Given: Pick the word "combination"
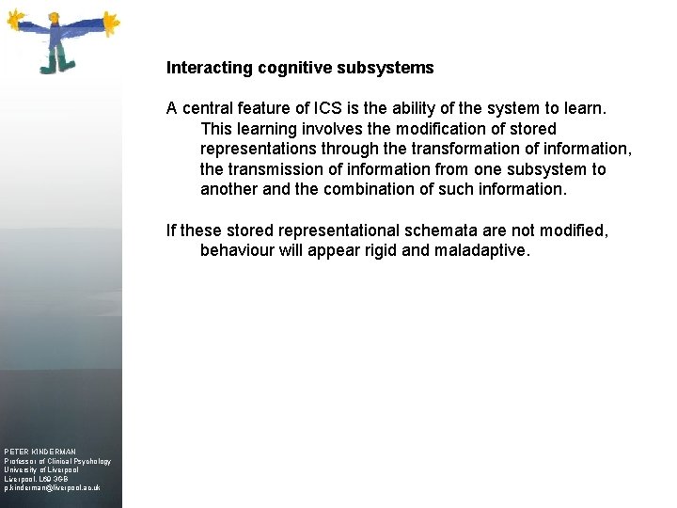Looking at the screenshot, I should tap(385, 189).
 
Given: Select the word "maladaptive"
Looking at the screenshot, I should tap(483, 251).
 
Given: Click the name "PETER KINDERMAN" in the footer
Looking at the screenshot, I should tap(40, 452).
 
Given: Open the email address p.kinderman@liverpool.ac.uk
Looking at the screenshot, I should tap(52, 488).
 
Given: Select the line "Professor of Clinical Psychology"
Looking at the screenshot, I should tap(57, 461).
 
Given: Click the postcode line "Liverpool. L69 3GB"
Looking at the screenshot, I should tap(37, 479).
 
